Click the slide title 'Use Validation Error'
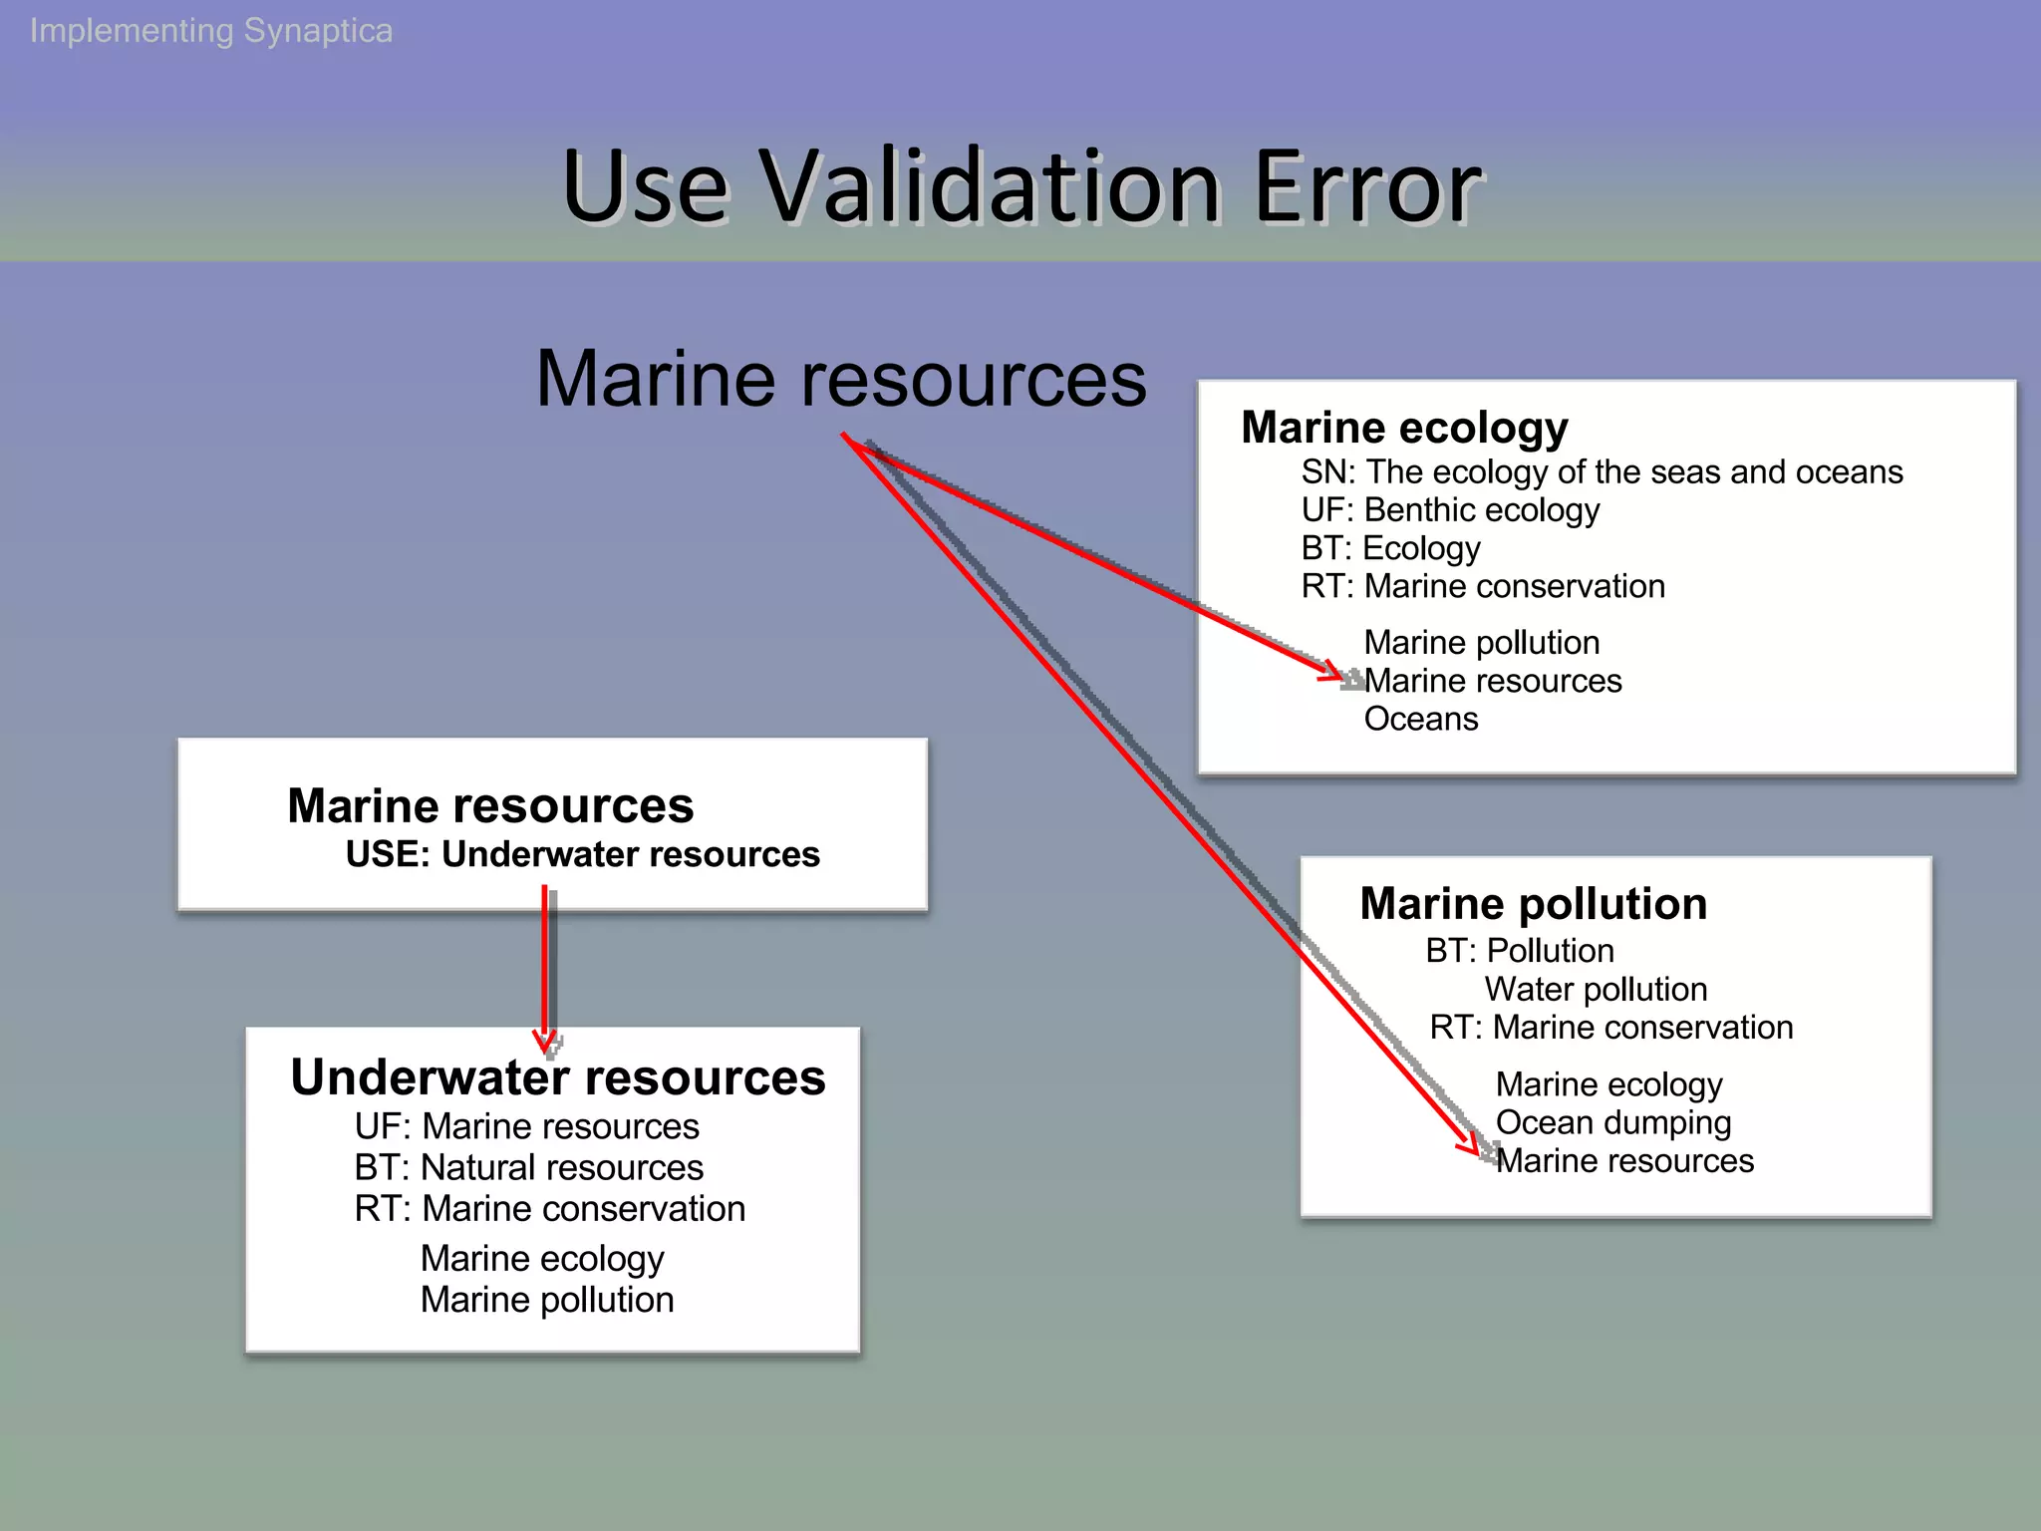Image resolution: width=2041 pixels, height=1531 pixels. coord(1021,187)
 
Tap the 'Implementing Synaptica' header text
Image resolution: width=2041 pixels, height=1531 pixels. coord(211,31)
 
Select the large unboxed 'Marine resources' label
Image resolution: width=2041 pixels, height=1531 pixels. coord(841,379)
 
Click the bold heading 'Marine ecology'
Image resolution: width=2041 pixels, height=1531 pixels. coord(1404,428)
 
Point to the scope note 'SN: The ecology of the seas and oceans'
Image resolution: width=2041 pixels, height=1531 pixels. coord(1602,471)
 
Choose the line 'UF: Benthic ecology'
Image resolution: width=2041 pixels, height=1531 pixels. coord(1450,510)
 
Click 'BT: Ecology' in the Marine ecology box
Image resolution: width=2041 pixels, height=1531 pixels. coord(1390,548)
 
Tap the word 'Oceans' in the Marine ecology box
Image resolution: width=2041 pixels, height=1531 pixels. coord(1420,719)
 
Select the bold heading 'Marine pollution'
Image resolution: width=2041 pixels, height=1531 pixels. coord(1533,904)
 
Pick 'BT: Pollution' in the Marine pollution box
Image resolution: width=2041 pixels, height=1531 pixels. coord(1519,951)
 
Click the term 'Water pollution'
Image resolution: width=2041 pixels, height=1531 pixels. coord(1596,990)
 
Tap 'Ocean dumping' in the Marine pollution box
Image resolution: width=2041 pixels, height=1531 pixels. coord(1612,1123)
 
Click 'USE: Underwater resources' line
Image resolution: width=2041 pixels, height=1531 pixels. coord(582,854)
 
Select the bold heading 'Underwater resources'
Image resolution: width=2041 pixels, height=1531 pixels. coord(558,1077)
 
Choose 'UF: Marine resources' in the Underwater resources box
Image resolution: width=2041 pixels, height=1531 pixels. coord(526,1126)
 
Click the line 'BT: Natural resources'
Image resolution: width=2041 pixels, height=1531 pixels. coord(528,1167)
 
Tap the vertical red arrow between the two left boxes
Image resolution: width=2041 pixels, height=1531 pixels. coord(545,967)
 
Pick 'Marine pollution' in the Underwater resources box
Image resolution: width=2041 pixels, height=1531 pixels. coord(547,1300)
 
